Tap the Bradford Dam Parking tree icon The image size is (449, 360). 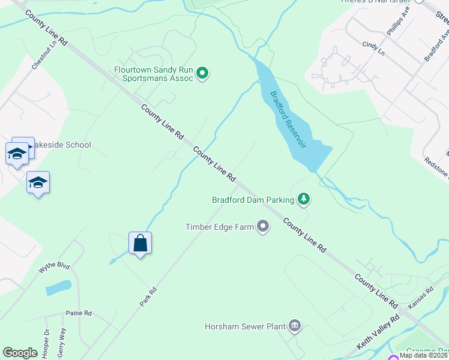click(304, 199)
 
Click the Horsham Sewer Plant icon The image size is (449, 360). click(295, 326)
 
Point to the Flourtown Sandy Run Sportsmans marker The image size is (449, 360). click(203, 74)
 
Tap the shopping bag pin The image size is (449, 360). click(140, 244)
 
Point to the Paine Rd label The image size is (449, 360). click(79, 313)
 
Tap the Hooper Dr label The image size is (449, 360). click(47, 340)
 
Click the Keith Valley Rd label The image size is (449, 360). click(378, 333)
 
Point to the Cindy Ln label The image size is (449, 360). click(373, 44)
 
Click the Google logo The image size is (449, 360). click(20, 353)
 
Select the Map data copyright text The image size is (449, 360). click(423, 355)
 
